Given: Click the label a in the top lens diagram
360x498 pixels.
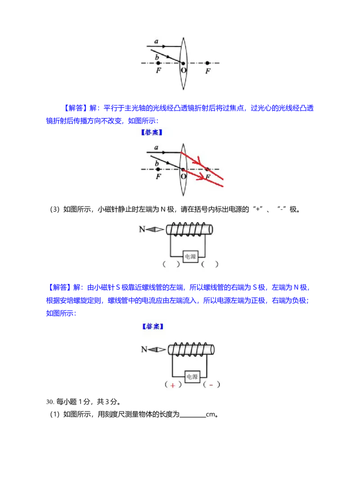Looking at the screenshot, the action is click(156, 41).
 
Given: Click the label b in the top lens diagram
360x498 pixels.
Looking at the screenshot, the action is click(157, 57).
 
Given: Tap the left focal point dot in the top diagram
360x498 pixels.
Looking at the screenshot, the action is click(158, 63).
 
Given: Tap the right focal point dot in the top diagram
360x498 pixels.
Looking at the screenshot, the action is click(207, 63).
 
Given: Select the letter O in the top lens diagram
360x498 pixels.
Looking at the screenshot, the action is click(183, 70).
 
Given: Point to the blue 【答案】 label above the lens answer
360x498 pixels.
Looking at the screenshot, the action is click(152, 132).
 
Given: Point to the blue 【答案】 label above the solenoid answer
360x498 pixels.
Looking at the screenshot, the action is click(153, 326).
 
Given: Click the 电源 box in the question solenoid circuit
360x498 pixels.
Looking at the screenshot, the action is click(190, 256).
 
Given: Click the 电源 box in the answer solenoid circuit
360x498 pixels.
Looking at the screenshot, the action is click(192, 377).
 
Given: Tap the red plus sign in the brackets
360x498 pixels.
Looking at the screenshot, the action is click(172, 385).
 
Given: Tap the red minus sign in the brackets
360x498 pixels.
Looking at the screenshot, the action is click(211, 385).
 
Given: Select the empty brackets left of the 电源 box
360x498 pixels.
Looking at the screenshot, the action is click(171, 264).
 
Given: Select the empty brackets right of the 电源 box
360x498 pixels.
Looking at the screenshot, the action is click(210, 264).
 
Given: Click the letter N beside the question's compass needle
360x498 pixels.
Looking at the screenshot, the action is click(142, 229).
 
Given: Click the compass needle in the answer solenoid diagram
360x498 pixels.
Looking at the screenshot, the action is click(157, 350).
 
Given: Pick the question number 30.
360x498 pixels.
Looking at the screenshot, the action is click(49, 402).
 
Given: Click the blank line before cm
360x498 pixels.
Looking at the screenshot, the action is click(193, 417).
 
